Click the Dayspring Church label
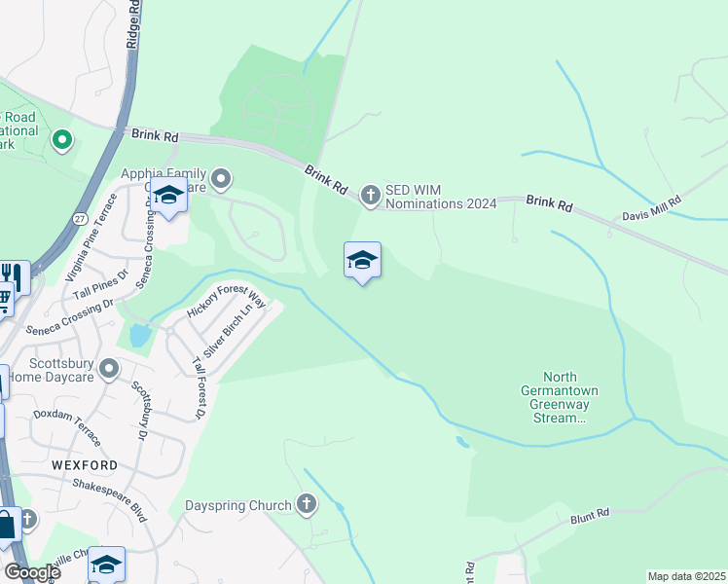[238, 505]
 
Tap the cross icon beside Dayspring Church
[307, 504]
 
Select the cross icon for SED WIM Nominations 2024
[370, 196]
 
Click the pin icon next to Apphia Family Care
[222, 177]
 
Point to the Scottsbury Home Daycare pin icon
[109, 369]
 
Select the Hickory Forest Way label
[226, 303]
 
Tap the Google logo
[33, 571]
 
